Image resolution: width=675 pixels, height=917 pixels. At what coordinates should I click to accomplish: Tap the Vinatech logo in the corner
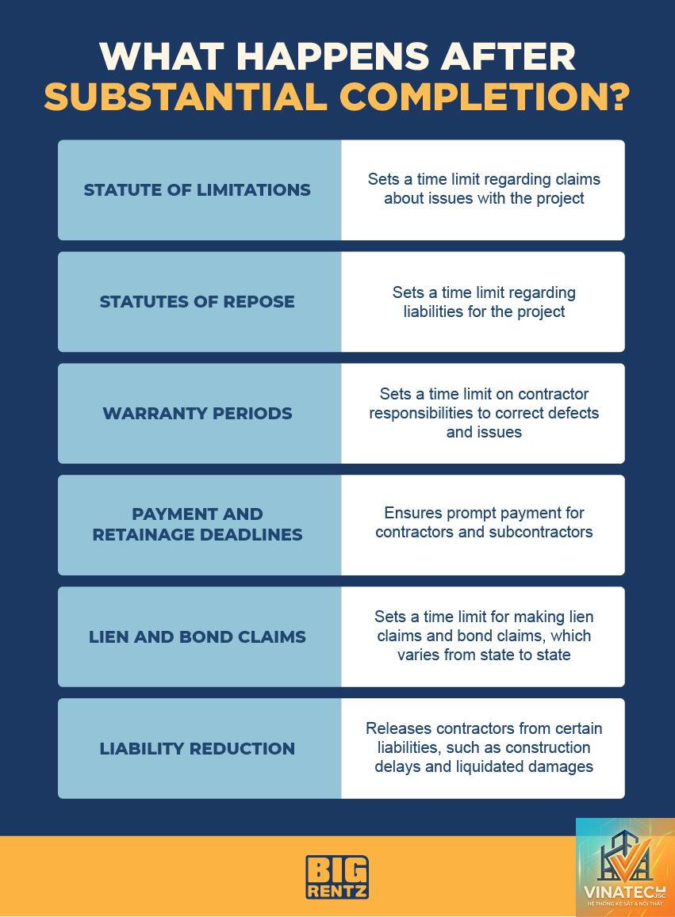[625, 867]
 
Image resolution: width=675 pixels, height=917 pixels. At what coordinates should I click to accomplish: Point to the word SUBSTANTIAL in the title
[186, 97]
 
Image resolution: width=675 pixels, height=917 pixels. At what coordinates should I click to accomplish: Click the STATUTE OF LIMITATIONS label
[198, 189]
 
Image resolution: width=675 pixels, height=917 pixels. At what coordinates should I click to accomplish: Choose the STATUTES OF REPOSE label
[198, 301]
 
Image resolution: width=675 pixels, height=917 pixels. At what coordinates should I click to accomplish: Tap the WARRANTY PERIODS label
[198, 413]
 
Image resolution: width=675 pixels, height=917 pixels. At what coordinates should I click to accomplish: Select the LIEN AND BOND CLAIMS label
[198, 636]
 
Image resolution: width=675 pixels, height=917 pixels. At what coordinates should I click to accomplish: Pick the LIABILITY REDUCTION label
[198, 748]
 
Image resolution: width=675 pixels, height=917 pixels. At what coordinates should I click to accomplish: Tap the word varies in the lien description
[418, 655]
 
